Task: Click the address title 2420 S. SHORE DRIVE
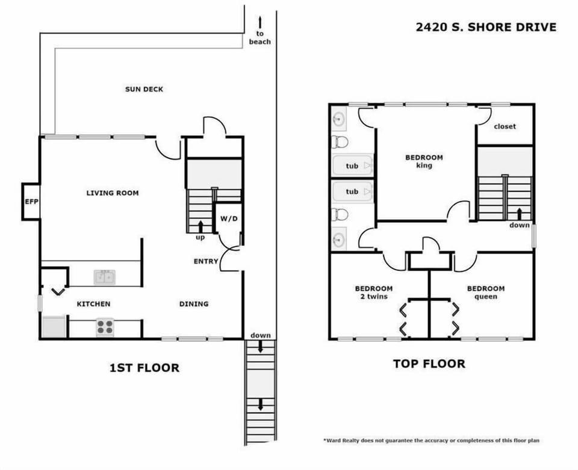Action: click(x=485, y=27)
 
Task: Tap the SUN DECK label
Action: click(x=144, y=89)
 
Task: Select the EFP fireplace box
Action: click(x=31, y=202)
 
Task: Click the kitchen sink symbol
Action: click(x=105, y=277)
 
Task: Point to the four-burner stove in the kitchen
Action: click(x=105, y=327)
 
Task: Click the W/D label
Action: click(x=228, y=218)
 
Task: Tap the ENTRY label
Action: click(x=206, y=261)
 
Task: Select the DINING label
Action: click(x=193, y=304)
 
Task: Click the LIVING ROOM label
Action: click(x=113, y=193)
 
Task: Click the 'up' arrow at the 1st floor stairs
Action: click(x=200, y=226)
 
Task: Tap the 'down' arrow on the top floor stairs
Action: click(x=519, y=214)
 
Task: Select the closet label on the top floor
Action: click(x=505, y=126)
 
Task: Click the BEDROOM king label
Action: click(x=424, y=161)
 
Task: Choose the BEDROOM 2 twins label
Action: click(x=373, y=292)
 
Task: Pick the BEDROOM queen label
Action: click(x=485, y=292)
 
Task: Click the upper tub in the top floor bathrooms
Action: click(x=353, y=165)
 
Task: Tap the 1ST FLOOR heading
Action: click(x=144, y=368)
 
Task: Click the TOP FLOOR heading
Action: click(x=429, y=363)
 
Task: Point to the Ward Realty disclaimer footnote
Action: click(x=431, y=441)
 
